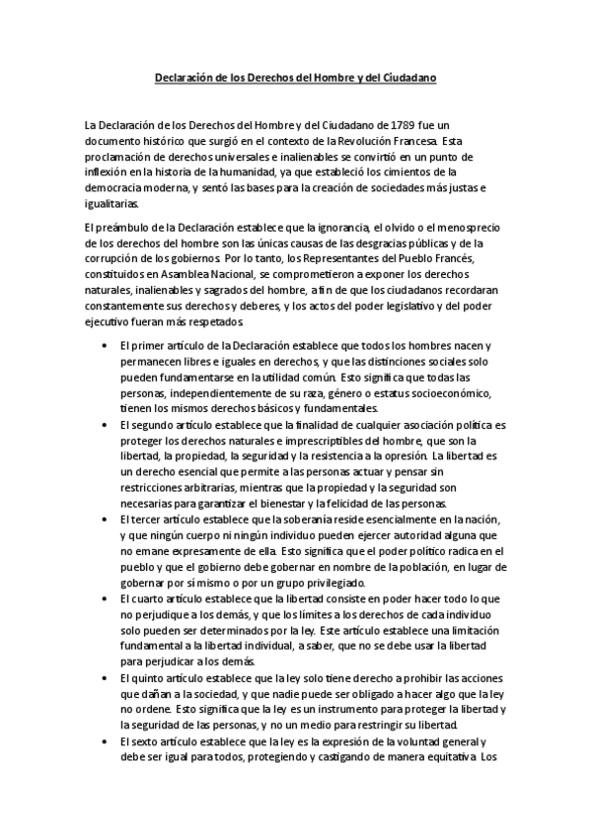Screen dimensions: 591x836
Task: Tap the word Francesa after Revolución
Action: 411,142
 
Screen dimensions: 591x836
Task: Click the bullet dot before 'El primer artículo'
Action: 107,345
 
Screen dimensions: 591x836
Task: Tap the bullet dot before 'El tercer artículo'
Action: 107,520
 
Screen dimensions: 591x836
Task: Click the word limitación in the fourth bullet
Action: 470,629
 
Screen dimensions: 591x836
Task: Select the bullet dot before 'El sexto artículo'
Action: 107,739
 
